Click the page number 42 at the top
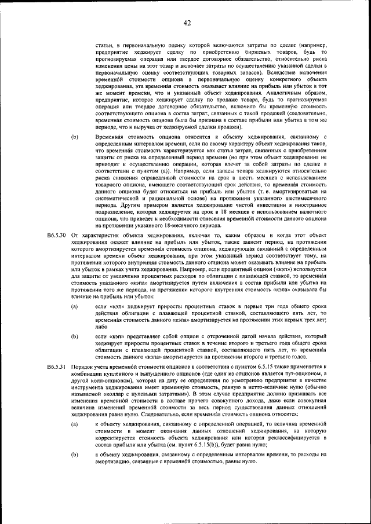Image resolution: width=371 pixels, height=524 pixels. (x=187, y=23)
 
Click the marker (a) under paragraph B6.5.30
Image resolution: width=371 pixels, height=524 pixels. (x=74, y=305)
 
